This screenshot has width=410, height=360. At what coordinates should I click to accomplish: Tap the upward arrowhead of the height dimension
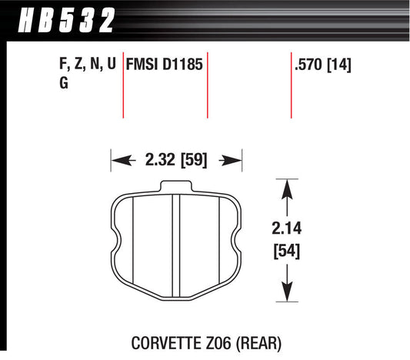[x=286, y=187]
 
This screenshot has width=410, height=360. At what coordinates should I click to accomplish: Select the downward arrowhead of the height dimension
[x=286, y=293]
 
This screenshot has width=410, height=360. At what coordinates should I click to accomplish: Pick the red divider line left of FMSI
[x=124, y=85]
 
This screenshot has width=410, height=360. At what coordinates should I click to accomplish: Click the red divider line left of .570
[x=291, y=85]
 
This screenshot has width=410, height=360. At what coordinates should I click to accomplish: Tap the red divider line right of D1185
[x=208, y=85]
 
